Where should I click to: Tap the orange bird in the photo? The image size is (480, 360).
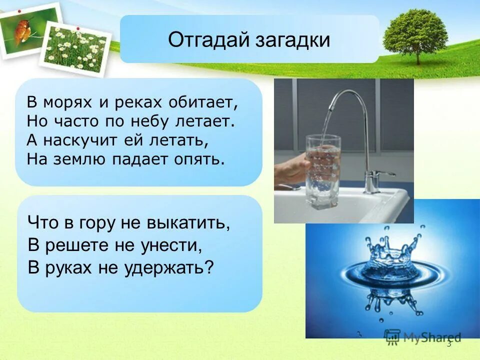pos(22,30)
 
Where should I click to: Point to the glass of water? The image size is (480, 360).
pos(322,165)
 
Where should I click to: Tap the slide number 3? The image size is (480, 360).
pos(448,343)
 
